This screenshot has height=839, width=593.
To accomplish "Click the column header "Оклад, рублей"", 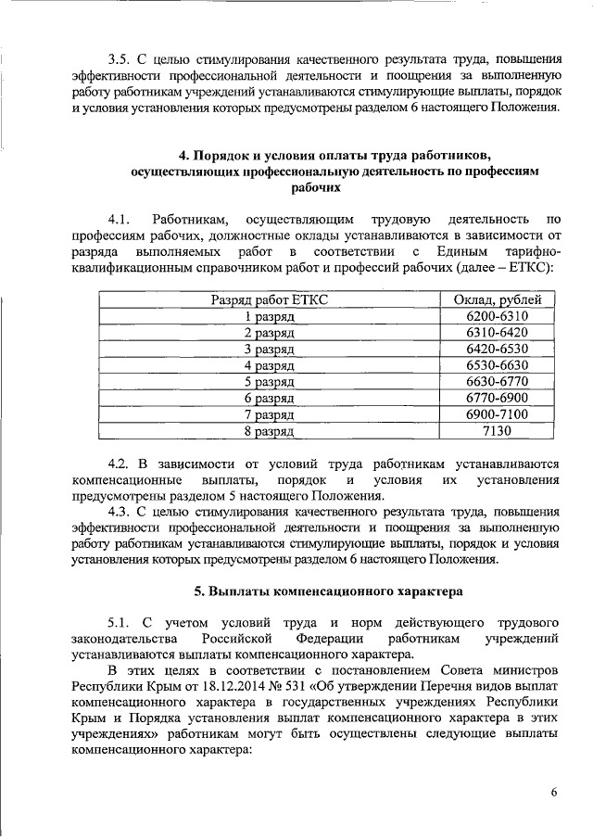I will coord(503,299).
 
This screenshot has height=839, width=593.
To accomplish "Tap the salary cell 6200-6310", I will coord(503,315).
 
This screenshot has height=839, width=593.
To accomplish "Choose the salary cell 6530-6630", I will coord(503,365).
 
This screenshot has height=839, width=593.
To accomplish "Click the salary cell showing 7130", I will coord(503,431).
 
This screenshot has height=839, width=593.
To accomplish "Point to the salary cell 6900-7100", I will coord(503,414).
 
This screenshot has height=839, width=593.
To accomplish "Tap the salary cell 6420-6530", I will coord(503,349).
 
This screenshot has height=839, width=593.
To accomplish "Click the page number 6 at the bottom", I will coord(554,794).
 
